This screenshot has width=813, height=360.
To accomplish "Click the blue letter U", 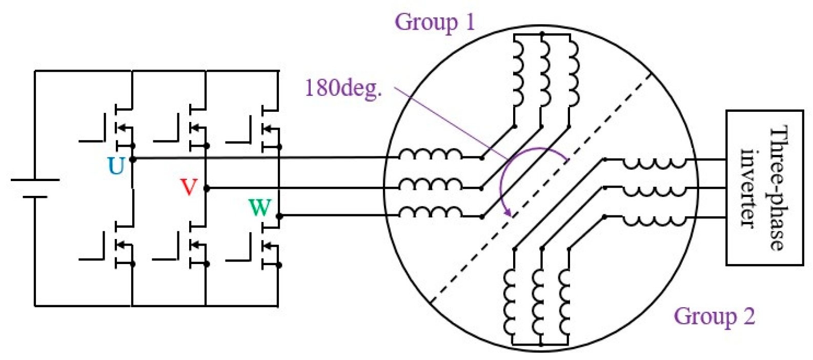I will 116,167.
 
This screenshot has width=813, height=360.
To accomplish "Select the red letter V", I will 189,187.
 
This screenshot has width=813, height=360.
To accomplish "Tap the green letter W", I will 260,208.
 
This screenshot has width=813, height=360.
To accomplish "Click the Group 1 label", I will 435,22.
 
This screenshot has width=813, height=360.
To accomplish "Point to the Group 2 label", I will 714,316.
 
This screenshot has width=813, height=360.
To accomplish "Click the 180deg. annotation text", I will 343,88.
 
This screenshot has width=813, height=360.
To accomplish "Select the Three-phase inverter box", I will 764,188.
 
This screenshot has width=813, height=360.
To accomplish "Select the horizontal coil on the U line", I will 430,154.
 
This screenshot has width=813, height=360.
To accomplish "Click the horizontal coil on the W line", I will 430,212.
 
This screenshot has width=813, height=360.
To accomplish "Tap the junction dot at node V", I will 207,188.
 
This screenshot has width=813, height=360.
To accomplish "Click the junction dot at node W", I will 279,216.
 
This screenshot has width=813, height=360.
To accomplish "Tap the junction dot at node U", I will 133,159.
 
